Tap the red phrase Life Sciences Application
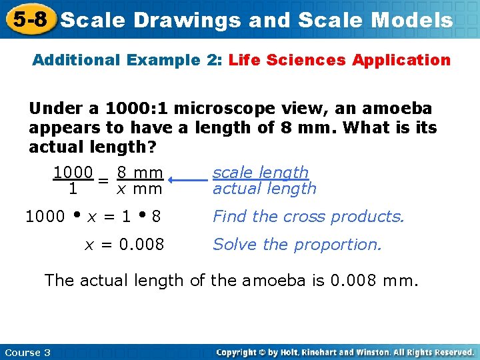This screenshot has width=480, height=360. pyautogui.click(x=339, y=60)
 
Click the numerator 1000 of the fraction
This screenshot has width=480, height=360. pyautogui.click(x=73, y=173)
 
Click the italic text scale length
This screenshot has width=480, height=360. pyautogui.click(x=261, y=172)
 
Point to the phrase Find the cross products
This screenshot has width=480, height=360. pyautogui.click(x=308, y=217)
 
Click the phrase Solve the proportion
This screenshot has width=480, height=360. pyautogui.click(x=297, y=245)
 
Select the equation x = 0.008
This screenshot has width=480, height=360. pyautogui.click(x=124, y=245)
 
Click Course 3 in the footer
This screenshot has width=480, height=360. pyautogui.click(x=27, y=352)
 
